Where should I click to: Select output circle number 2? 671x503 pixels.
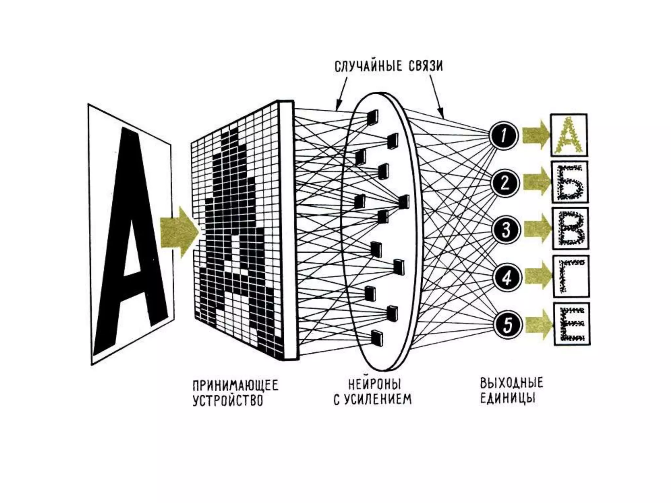coord(505,183)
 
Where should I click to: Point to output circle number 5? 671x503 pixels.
coord(508,325)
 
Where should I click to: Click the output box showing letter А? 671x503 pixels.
coord(568,135)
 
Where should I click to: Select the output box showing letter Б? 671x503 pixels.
coord(570,182)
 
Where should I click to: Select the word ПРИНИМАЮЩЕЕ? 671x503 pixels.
coord(235,385)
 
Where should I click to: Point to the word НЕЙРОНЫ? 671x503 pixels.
coord(374,384)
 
